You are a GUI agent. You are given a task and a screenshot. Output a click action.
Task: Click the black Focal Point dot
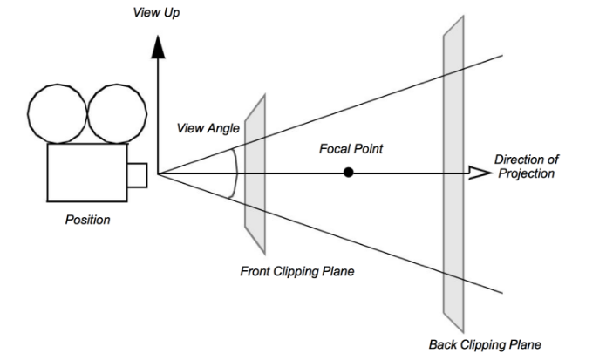[x=349, y=173]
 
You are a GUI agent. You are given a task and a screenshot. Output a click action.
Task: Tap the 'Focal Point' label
[x=351, y=149]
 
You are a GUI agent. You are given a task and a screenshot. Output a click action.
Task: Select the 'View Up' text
[x=156, y=15]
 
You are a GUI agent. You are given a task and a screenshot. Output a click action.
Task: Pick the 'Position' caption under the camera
[x=88, y=220]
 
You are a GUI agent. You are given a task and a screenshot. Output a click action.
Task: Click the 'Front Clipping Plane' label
[x=297, y=271]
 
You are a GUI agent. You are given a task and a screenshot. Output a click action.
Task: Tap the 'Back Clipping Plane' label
[x=485, y=344]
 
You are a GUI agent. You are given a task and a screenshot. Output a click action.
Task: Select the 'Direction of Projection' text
[x=527, y=166]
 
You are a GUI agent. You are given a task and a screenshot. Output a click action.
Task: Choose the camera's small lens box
[x=137, y=174]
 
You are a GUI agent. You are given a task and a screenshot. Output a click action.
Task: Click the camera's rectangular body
[x=86, y=173]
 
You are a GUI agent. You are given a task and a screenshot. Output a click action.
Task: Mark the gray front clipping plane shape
[x=255, y=166]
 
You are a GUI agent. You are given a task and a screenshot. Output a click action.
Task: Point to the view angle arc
[x=236, y=172]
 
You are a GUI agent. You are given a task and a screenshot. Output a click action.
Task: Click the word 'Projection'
[x=527, y=173]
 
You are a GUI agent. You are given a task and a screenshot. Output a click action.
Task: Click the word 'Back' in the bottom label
[x=443, y=344]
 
